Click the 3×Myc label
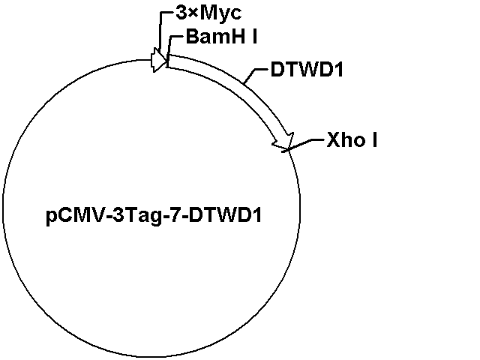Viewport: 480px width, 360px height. coord(208,13)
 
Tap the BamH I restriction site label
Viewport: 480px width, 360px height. coord(221,37)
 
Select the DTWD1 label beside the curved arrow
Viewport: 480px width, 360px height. coord(307,70)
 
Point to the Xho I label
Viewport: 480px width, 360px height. coord(352,140)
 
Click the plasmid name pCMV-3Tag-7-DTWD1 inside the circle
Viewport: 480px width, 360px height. coord(154,215)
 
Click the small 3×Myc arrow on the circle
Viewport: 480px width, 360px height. coord(158,60)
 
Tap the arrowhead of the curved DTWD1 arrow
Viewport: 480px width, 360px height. coord(284,142)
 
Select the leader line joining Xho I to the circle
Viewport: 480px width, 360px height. coord(303,145)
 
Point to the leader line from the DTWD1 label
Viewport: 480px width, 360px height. coord(254,76)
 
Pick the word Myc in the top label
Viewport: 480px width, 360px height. coord(220,13)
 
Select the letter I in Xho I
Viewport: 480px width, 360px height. coord(375,140)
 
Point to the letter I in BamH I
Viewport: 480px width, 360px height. coord(255,37)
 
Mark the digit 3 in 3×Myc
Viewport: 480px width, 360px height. coord(181,13)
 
